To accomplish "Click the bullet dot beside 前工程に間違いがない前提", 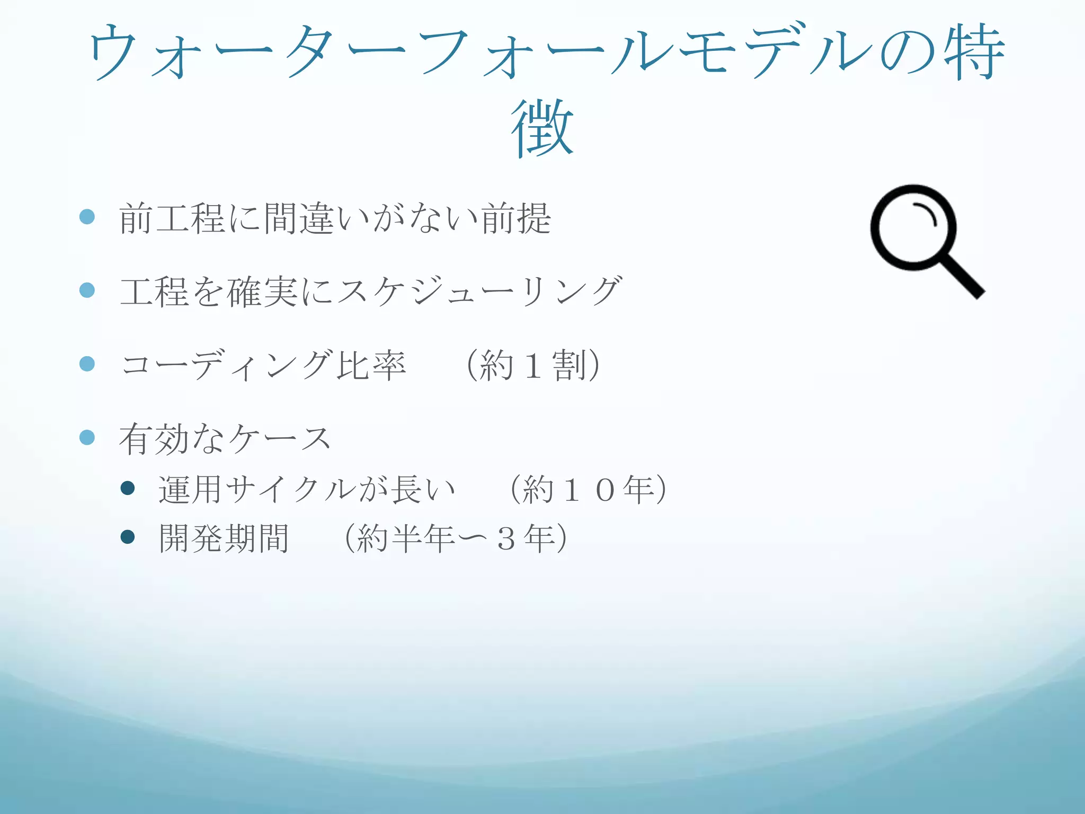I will tap(87, 217).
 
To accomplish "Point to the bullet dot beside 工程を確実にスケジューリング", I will tap(87, 290).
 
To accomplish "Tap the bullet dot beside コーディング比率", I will tap(87, 364).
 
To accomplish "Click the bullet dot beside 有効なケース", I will tap(87, 438).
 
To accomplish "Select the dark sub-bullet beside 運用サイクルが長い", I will tap(128, 488).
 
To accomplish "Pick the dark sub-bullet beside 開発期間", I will tap(128, 537).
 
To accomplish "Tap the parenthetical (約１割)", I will tap(533, 365).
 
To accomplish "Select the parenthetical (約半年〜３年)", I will tap(456, 538).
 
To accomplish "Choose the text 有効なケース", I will tap(225, 439).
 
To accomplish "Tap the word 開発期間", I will tap(224, 538).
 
